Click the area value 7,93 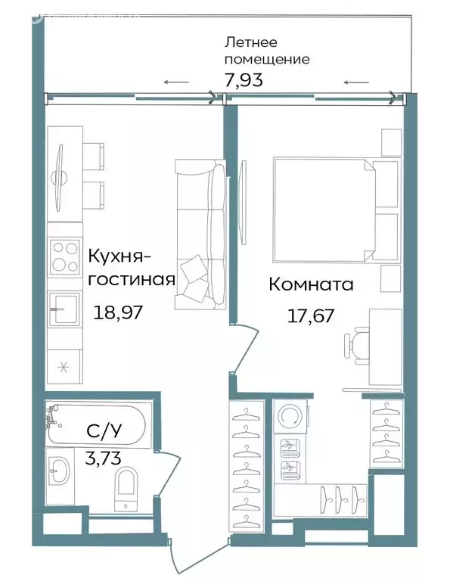click(242, 78)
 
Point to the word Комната click(311, 285)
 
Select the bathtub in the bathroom click(98, 425)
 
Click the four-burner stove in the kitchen click(65, 257)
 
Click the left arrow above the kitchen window click(175, 82)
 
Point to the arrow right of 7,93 click(355, 82)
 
